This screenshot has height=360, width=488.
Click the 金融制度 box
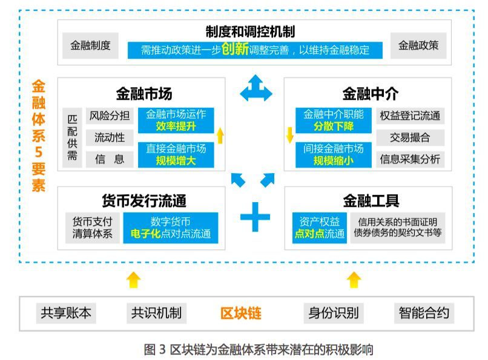pyautogui.click(x=90, y=46)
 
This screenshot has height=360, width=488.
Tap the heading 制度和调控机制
pyautogui.click(x=250, y=31)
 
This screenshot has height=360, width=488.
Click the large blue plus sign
pyautogui.click(x=255, y=216)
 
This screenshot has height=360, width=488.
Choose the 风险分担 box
pyautogui.click(x=109, y=116)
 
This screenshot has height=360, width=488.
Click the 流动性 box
pyautogui.click(x=109, y=137)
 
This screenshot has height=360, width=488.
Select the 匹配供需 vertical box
pyautogui.click(x=72, y=138)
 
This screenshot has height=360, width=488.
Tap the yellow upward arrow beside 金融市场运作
pyautogui.click(x=220, y=135)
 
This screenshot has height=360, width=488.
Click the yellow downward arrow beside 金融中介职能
pyautogui.click(x=289, y=134)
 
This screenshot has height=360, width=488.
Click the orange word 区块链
pyautogui.click(x=240, y=313)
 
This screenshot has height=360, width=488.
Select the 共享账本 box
pyautogui.click(x=66, y=313)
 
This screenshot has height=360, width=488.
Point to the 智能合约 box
pyautogui.click(x=424, y=313)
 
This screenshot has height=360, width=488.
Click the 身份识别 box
pyautogui.click(x=333, y=313)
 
